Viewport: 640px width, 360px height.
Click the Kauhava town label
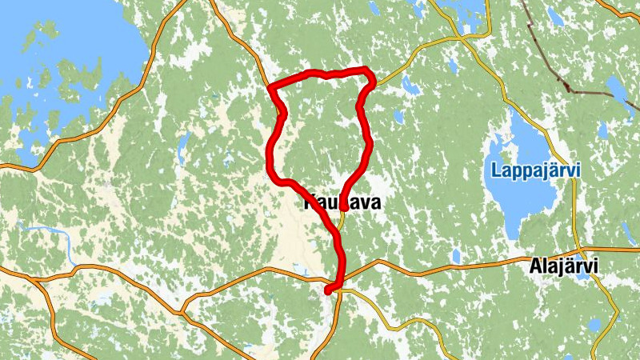342,203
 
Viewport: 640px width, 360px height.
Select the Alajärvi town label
564,266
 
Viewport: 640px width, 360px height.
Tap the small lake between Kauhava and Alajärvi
455,255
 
